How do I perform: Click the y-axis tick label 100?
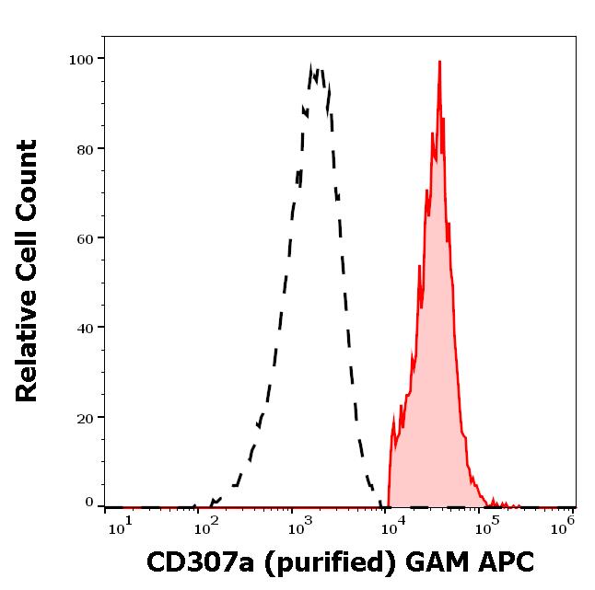point(81,59)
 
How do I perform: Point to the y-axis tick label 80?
point(85,148)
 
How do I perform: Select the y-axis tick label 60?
point(85,237)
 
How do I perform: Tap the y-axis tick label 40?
point(85,327)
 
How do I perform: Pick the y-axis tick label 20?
point(85,417)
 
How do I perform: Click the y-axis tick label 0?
point(89,503)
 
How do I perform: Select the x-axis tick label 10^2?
point(208,526)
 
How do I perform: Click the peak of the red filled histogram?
point(440,63)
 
